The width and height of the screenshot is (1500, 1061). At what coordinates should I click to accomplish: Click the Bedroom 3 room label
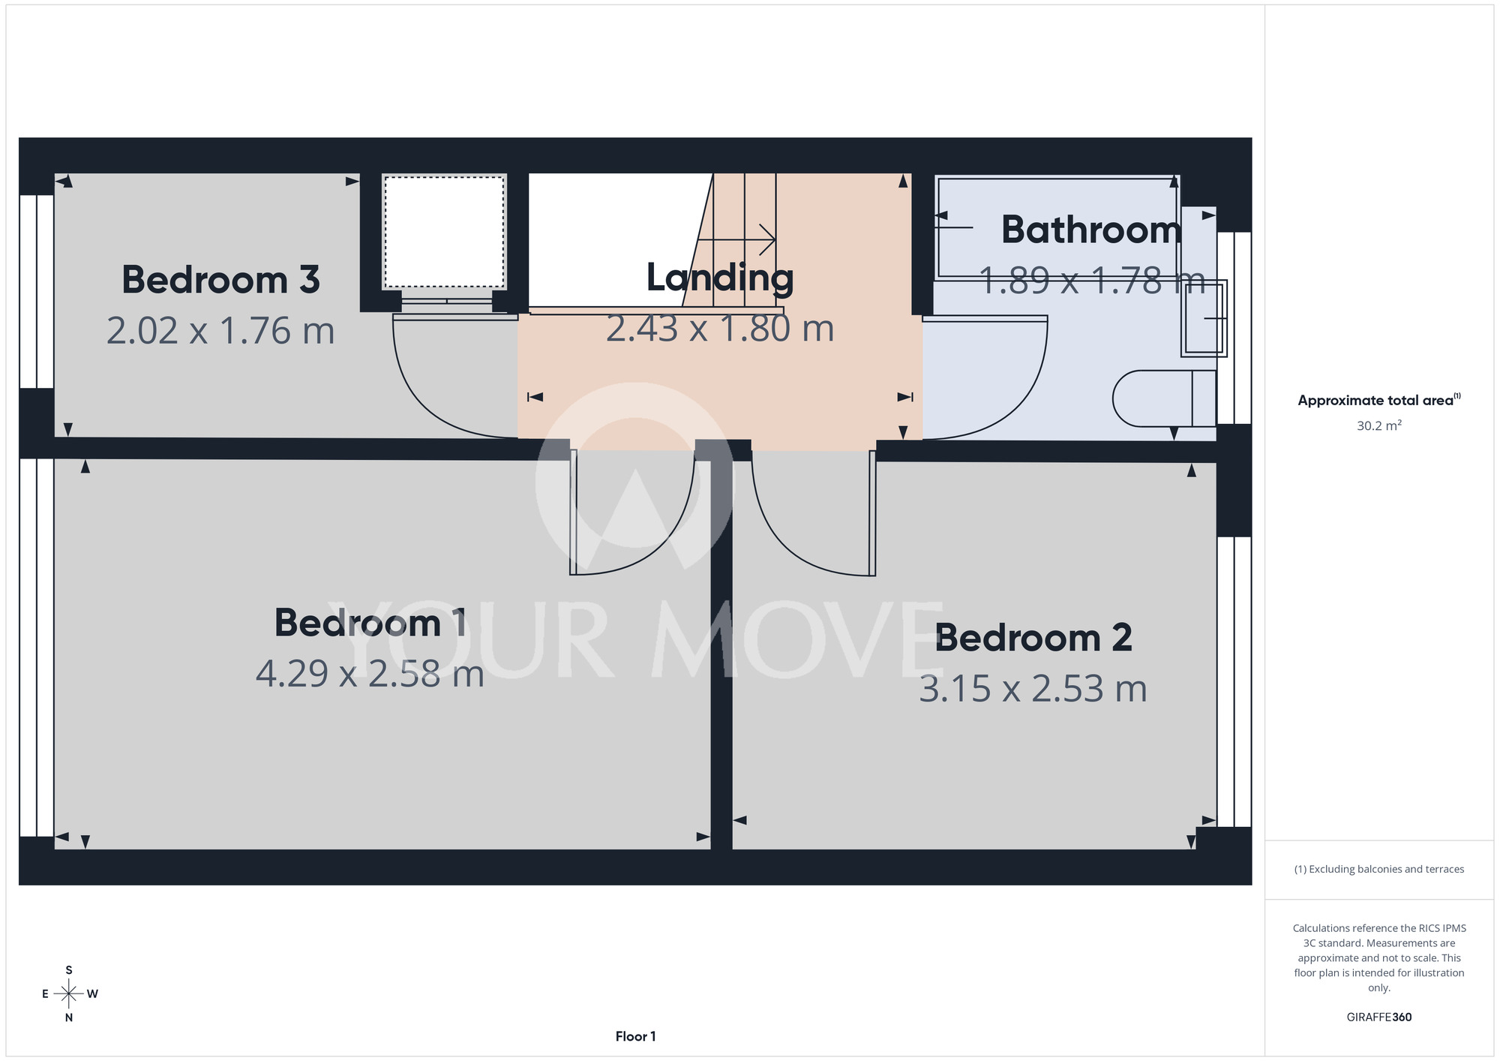tap(220, 280)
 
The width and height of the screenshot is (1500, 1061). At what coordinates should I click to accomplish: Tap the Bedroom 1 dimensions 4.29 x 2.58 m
tap(370, 674)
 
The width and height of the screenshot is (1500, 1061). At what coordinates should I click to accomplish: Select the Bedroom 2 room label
tap(1033, 638)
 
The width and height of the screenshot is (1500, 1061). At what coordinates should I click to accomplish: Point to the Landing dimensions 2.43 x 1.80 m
tap(720, 329)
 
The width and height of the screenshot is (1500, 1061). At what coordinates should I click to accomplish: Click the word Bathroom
tap(1091, 230)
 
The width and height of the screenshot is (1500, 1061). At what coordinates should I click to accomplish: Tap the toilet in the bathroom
tap(1164, 398)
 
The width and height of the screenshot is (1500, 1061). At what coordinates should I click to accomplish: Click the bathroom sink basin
tap(1204, 318)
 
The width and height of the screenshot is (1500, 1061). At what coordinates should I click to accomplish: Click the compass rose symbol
tap(69, 994)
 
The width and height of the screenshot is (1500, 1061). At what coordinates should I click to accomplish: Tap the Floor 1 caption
tap(635, 1036)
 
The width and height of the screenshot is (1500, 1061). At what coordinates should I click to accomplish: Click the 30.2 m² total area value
tap(1379, 425)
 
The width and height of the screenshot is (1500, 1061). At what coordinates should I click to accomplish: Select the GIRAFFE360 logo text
tap(1379, 1017)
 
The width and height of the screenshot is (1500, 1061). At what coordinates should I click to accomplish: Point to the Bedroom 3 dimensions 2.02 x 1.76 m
tap(220, 331)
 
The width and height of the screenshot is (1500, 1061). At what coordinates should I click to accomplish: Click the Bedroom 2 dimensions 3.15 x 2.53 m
tap(1033, 689)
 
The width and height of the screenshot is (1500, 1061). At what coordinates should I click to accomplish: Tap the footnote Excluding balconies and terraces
tap(1379, 869)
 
